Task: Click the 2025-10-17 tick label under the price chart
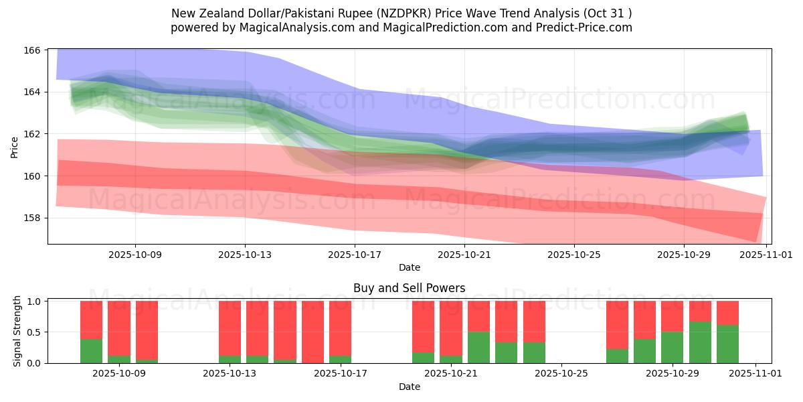(355, 255)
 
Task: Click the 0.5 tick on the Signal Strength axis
(35, 332)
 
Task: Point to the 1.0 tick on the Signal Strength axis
(35, 301)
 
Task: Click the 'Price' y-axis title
(15, 147)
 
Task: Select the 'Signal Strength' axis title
(17, 332)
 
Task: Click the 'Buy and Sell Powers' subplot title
(409, 289)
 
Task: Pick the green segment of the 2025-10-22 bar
(478, 347)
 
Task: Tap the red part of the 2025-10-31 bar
(727, 313)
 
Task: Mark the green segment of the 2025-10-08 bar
(91, 351)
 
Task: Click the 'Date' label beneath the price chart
(409, 267)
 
